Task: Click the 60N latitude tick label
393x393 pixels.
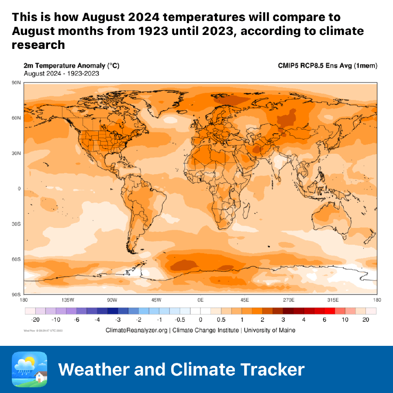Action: click(17, 118)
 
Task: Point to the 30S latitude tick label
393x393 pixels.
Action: click(17, 224)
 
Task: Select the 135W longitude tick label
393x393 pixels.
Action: click(68, 300)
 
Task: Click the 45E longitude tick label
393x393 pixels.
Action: click(245, 300)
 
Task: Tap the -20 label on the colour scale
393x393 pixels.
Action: click(30, 320)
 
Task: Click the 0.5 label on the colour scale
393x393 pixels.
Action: click(222, 320)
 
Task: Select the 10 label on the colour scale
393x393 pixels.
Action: click(345, 320)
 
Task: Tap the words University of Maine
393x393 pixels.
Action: click(269, 330)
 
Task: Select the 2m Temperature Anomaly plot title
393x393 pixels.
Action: click(71, 65)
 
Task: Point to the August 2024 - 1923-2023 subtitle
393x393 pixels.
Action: click(61, 73)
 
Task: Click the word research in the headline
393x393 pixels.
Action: click(38, 45)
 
